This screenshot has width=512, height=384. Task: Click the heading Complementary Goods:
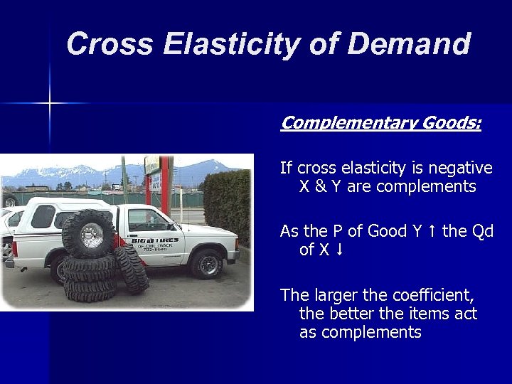(380, 123)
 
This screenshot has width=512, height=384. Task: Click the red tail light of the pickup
(15, 250)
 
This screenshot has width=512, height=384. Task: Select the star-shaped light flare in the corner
(50, 104)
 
